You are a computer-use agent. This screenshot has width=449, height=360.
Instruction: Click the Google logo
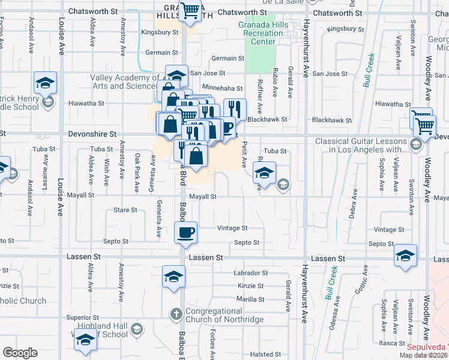(x=20, y=353)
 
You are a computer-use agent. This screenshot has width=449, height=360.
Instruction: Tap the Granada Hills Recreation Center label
(x=264, y=34)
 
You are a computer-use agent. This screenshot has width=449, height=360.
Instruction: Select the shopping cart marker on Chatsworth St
(x=190, y=11)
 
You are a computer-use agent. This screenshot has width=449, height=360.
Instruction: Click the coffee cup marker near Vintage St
(x=186, y=232)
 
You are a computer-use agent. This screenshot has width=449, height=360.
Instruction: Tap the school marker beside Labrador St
(x=173, y=277)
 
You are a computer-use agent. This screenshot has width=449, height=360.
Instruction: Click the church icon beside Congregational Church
(x=176, y=313)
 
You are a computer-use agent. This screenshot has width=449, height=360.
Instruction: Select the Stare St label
(x=125, y=211)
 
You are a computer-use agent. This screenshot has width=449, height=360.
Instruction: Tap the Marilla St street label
(x=250, y=299)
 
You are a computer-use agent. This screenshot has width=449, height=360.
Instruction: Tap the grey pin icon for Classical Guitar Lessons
(x=414, y=145)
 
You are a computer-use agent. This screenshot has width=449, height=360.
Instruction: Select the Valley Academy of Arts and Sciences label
(x=124, y=82)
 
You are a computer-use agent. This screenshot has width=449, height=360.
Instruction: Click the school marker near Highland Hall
(x=85, y=341)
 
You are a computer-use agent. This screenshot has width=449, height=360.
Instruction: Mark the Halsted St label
(x=262, y=355)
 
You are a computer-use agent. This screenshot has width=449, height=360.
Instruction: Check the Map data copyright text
(x=423, y=355)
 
